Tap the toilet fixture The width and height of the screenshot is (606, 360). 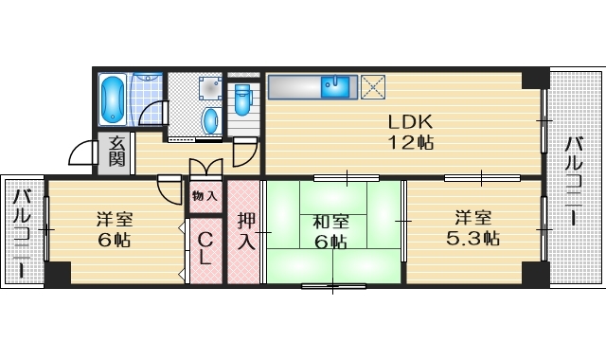pyautogui.click(x=242, y=98)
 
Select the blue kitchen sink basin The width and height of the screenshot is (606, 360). pyautogui.click(x=335, y=88)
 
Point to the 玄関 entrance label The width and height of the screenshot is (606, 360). pyautogui.click(x=116, y=151)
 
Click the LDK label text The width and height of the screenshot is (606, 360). pyautogui.click(x=409, y=122)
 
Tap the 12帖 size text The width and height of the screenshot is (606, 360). pyautogui.click(x=409, y=143)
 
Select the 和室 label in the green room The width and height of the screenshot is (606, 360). pyautogui.click(x=330, y=222)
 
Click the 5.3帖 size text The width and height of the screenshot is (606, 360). pyautogui.click(x=473, y=240)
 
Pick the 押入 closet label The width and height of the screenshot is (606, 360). pyautogui.click(x=245, y=231)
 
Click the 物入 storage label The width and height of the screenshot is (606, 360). pyautogui.click(x=204, y=197)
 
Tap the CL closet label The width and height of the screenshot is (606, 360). pyautogui.click(x=204, y=249)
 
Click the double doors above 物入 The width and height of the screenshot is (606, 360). pyautogui.click(x=205, y=169)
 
